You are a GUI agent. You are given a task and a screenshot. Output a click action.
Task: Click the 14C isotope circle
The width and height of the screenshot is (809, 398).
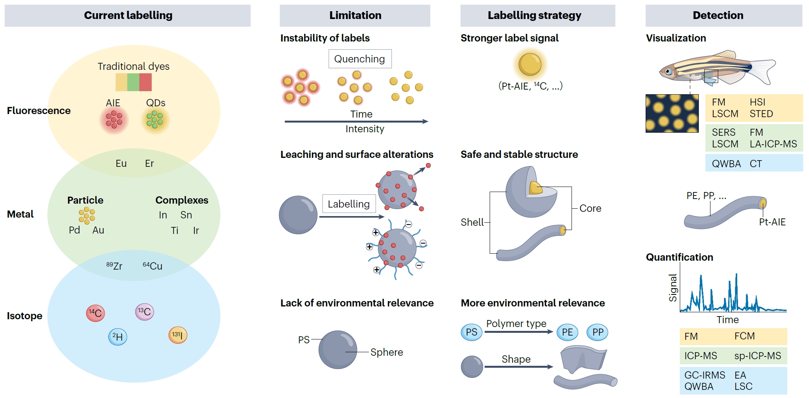point(95,313)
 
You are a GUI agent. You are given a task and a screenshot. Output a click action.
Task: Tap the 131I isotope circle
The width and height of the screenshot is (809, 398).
point(178,335)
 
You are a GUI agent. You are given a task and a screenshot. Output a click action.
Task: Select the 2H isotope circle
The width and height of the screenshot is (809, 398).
point(118,337)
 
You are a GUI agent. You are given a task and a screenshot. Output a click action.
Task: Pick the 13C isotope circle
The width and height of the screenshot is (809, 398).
point(144,312)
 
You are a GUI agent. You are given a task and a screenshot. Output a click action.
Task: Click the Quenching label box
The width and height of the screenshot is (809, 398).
point(360,59)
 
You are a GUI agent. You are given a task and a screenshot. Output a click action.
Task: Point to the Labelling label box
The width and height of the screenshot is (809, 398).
point(349,204)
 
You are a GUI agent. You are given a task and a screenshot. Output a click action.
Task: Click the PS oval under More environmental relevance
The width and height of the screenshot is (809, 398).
point(471,332)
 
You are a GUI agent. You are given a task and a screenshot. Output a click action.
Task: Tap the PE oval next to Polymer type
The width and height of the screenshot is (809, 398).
point(567,332)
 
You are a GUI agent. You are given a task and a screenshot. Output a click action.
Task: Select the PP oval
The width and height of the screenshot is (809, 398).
point(598,332)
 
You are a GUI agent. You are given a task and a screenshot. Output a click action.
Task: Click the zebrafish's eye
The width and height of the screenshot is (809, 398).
point(668,71)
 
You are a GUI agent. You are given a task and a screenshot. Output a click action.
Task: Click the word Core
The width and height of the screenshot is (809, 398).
point(590,208)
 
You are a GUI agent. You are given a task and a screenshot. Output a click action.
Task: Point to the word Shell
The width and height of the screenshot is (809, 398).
point(472,222)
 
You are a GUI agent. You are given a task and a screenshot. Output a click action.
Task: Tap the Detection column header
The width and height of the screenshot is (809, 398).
point(718,16)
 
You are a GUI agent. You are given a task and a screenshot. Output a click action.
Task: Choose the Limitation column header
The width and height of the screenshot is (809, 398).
point(355,16)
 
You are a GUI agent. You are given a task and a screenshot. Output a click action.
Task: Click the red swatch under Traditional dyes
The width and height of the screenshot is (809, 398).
point(146,82)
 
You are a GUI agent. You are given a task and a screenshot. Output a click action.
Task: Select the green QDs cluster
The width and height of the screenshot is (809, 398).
point(155,119)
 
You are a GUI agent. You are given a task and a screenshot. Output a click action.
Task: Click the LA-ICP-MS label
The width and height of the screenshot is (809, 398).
point(773,144)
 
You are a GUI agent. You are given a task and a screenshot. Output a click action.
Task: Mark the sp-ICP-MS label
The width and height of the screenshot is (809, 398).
point(757,356)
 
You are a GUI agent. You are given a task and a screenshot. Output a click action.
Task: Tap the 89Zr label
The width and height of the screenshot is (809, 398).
point(114,266)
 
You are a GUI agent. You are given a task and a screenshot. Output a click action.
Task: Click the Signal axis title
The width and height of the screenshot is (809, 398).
point(672,287)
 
